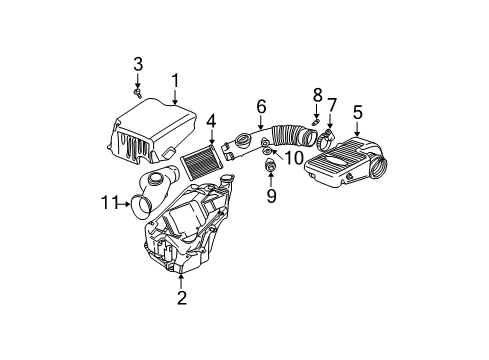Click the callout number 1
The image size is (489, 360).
[174, 80]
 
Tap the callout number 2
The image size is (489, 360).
[181, 297]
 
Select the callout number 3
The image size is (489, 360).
[139, 65]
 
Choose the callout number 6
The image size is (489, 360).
[260, 106]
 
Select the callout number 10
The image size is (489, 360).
[293, 157]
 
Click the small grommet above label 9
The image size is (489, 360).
[270, 164]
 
